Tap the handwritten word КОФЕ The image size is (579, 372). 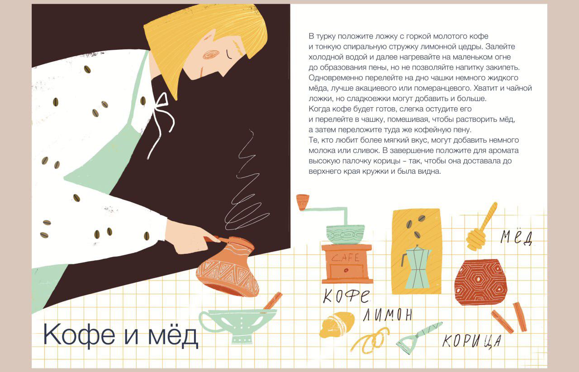point(346,296)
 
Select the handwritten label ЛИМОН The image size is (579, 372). point(388,315)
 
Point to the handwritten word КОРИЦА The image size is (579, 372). point(472,341)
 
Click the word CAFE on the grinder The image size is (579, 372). point(345,258)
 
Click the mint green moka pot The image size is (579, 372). point(416,267)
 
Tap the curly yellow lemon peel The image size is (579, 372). point(370,341)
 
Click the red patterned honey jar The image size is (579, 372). point(480,282)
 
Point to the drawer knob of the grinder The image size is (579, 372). point(346,270)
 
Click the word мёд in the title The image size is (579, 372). point(173,335)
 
